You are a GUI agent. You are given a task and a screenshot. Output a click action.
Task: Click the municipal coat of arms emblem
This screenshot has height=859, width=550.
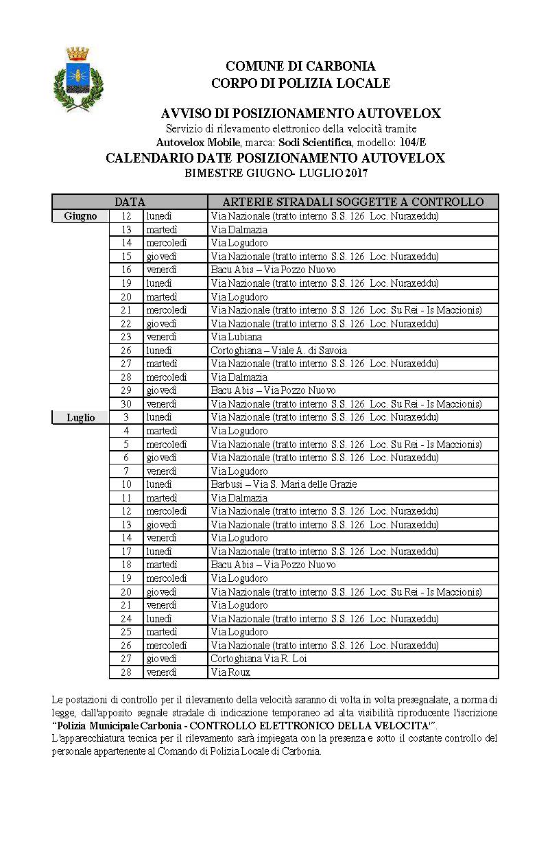pos(77,79)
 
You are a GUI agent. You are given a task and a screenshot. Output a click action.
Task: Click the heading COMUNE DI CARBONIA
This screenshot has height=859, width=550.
pos(300,67)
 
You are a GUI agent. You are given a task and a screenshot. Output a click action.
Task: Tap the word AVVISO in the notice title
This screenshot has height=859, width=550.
pos(187,113)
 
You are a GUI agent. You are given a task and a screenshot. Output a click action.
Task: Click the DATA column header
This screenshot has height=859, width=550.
pos(130,202)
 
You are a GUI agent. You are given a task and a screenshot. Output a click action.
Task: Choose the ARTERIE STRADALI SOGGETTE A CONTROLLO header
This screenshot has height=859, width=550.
pos(353,202)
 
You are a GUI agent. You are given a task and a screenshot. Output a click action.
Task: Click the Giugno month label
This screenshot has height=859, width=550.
pos(80,216)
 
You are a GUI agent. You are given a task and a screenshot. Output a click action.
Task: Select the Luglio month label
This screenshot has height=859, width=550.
pos(80,417)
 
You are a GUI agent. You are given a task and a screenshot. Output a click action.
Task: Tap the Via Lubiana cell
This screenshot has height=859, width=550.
pos(237,337)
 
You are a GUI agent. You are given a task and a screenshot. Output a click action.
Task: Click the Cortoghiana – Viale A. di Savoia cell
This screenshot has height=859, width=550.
pos(278,351)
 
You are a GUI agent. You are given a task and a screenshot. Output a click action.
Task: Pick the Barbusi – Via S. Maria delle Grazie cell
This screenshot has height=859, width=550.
pos(284,484)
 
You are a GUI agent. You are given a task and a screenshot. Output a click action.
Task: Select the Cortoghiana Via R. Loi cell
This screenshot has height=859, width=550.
pos(259,659)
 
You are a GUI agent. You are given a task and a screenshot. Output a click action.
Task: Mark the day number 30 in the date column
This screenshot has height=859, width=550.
pos(126,404)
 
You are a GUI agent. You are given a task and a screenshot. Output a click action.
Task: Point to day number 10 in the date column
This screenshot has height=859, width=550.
pos(126,484)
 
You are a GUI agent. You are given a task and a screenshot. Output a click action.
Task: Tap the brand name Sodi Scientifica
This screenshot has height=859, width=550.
pos(316,142)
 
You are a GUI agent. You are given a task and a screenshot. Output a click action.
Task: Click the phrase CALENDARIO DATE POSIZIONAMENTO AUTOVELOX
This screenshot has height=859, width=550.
pos(275,158)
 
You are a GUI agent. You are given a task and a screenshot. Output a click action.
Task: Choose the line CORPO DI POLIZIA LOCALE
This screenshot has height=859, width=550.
pos(300,83)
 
